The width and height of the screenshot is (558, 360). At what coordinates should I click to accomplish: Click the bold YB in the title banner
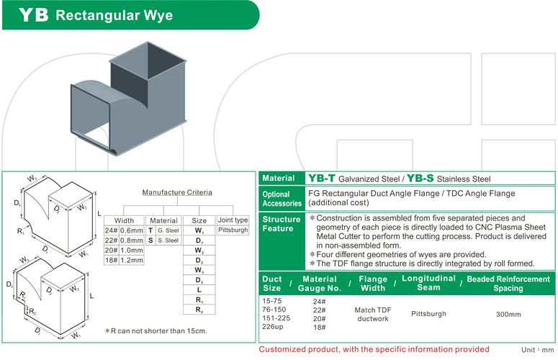(x=32, y=15)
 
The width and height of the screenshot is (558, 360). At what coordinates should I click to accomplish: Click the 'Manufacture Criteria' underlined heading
(x=177, y=193)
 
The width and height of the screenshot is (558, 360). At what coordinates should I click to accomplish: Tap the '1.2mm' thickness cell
(x=131, y=261)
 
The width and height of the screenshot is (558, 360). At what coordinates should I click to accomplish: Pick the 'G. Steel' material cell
(x=168, y=230)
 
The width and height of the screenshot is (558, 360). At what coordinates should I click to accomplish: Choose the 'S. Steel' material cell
(x=168, y=240)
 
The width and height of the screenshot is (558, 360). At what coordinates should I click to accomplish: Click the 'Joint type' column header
(x=233, y=220)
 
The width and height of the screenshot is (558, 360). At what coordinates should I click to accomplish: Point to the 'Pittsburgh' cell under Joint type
(x=233, y=230)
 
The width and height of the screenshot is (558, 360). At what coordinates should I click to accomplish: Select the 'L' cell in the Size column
(x=199, y=289)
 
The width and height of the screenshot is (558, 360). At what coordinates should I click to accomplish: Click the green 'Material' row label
(x=279, y=178)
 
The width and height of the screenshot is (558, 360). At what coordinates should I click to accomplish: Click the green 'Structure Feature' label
(x=282, y=224)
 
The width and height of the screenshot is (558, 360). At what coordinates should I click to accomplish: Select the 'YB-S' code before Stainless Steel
(x=420, y=178)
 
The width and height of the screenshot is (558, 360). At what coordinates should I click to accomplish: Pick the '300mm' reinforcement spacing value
(x=510, y=315)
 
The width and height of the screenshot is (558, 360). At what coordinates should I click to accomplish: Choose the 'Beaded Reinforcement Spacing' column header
(x=508, y=283)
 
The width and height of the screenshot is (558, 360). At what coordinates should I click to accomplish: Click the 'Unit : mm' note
(x=536, y=349)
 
